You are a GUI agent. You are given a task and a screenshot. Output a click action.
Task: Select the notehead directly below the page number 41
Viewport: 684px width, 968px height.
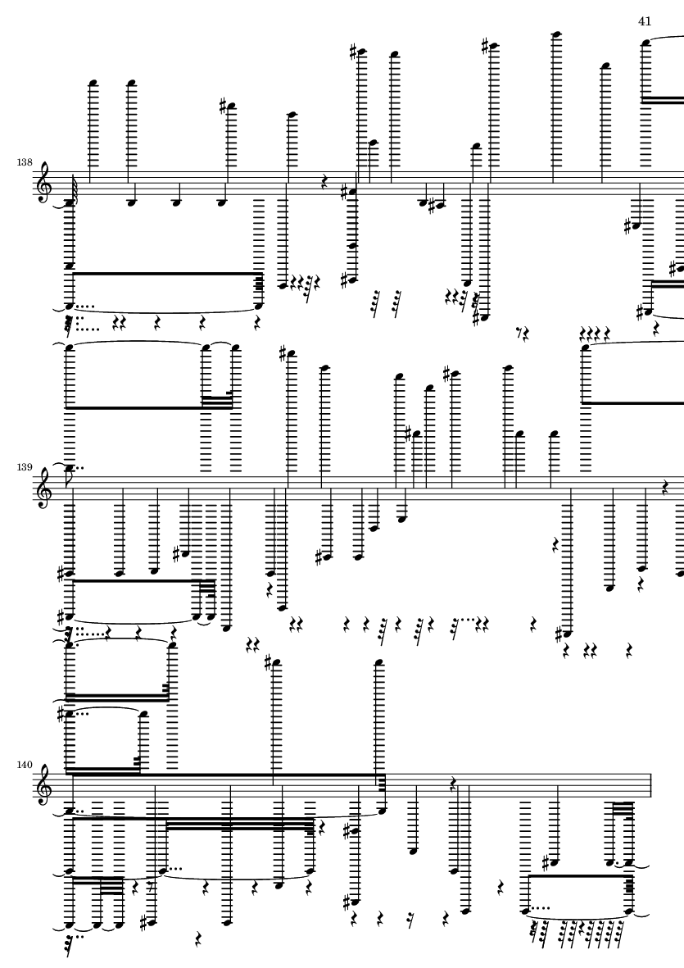point(645,42)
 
